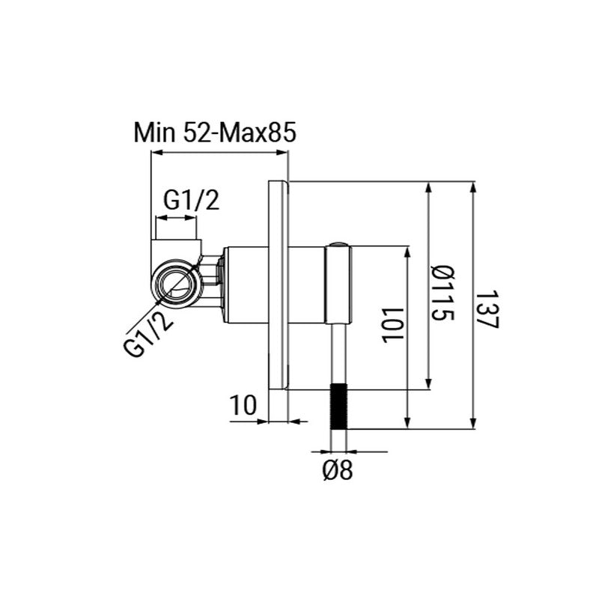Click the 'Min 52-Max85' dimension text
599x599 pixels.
(x=215, y=133)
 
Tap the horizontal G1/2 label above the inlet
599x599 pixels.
(x=192, y=200)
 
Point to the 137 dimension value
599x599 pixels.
(x=488, y=309)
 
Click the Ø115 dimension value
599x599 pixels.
(x=443, y=294)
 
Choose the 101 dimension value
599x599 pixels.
(x=392, y=325)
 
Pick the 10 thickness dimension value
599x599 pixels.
(x=243, y=405)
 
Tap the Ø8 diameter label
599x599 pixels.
(x=338, y=470)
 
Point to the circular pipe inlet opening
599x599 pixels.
(x=175, y=283)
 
